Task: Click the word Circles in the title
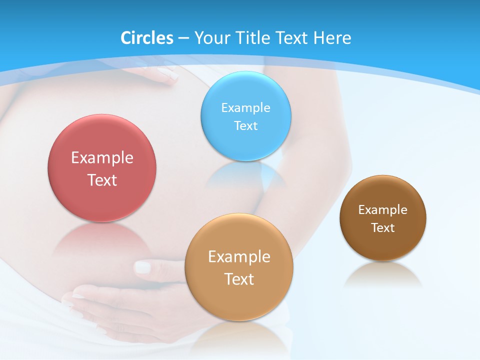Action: click(147, 38)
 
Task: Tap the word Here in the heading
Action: click(332, 38)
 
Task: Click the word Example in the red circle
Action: click(102, 158)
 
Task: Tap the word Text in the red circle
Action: click(102, 180)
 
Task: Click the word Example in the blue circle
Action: click(246, 108)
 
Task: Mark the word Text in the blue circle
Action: click(246, 125)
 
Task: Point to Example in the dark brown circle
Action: click(383, 210)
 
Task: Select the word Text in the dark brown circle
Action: click(383, 228)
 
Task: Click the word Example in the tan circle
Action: click(239, 257)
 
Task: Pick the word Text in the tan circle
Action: click(239, 279)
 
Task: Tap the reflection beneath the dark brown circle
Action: click(383, 275)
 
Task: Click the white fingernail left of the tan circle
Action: click(143, 267)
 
